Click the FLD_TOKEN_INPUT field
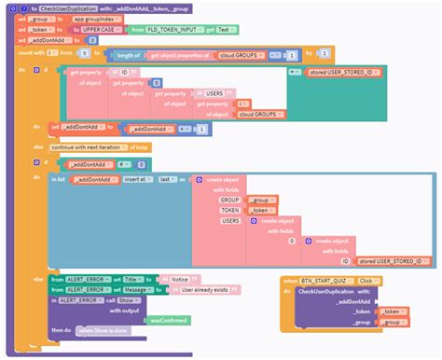(x=172, y=30)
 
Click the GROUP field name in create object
(x=229, y=200)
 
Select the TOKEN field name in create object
(x=229, y=211)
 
